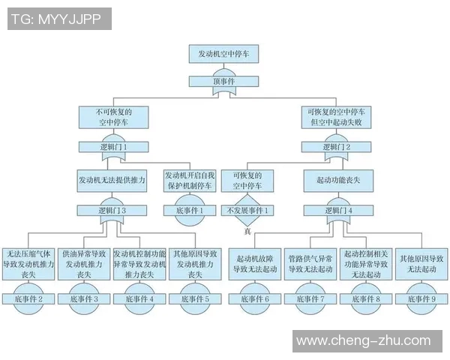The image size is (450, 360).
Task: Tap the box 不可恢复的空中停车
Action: pos(112,116)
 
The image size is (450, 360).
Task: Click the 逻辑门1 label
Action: pos(112,148)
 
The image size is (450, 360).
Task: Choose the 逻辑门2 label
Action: pos(335,148)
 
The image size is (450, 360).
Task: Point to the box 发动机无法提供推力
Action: pos(112,181)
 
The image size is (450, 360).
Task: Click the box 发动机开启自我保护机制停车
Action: pos(188,181)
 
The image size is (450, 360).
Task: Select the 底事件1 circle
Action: pos(188,211)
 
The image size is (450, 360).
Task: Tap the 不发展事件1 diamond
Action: pos(247,211)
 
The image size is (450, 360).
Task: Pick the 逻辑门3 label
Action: pos(112,211)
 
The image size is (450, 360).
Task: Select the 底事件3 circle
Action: pos(85,298)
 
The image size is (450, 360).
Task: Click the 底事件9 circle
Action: pos(421,298)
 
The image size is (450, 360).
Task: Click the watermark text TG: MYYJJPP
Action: pos(58,19)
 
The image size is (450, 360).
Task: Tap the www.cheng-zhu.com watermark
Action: pos(364,342)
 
